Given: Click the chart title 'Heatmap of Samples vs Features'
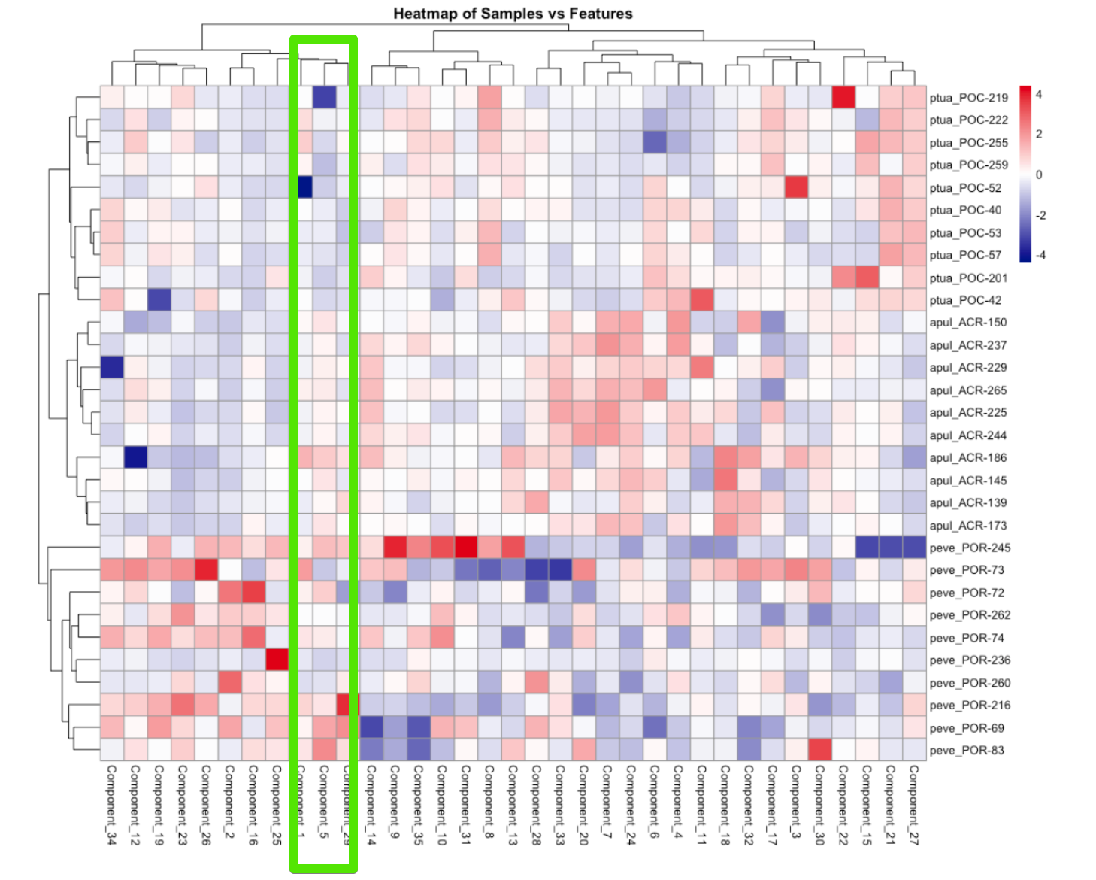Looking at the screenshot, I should click(x=513, y=14).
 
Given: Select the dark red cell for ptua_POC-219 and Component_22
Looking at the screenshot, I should click(x=843, y=97).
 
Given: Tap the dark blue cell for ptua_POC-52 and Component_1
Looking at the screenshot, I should click(x=304, y=187).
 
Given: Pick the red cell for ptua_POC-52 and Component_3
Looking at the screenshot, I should click(x=796, y=187).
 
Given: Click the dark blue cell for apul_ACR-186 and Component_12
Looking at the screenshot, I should click(x=135, y=457).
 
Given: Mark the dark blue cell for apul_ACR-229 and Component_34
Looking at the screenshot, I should click(x=112, y=367).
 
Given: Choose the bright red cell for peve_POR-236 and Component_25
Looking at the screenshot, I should click(x=277, y=660).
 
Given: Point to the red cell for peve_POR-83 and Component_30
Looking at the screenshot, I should click(x=820, y=750).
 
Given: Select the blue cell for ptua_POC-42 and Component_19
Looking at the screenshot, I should click(x=159, y=300).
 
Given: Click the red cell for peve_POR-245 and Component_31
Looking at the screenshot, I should click(x=466, y=548).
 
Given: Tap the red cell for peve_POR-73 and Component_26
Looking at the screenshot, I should click(x=206, y=570).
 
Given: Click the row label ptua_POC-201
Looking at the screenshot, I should click(x=968, y=278).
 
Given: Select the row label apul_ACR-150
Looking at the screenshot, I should click(x=967, y=323).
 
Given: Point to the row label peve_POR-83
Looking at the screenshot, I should click(x=967, y=750).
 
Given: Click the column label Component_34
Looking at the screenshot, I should click(x=112, y=805).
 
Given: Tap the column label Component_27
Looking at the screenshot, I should click(x=914, y=805).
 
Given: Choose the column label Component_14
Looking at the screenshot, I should click(x=371, y=805).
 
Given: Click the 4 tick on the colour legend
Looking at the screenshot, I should click(x=1039, y=95).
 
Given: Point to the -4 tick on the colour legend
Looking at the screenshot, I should click(x=1040, y=255).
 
